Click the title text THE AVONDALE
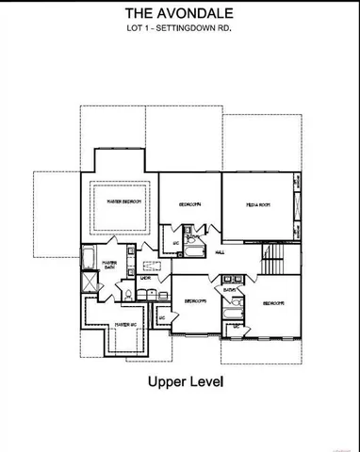[x=179, y=14]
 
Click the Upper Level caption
[x=179, y=382]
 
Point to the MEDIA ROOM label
[x=259, y=203]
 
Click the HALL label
[x=219, y=252]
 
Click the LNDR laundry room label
[x=146, y=279]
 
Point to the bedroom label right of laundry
[x=195, y=300]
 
